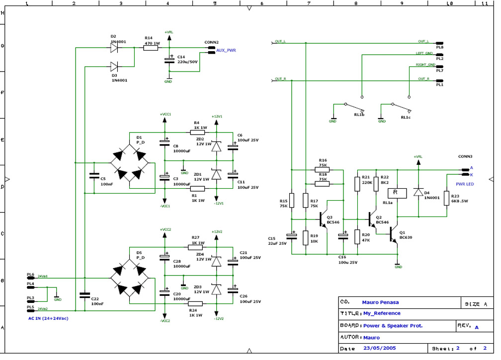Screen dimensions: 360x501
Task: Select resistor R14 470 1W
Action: pos(151,48)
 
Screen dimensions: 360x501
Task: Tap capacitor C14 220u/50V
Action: pos(169,61)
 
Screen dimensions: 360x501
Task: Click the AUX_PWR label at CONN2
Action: pos(226,51)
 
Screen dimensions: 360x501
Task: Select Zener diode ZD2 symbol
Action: pos(216,146)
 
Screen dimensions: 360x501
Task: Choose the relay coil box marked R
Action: pos(396,192)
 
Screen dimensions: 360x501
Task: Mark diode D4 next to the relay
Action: pos(418,192)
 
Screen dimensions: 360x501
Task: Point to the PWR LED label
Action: pos(465,184)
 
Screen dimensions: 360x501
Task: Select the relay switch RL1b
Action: pos(354,107)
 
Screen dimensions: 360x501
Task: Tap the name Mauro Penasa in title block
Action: pos(380,302)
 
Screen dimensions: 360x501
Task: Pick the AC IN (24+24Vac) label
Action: pos(48,318)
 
